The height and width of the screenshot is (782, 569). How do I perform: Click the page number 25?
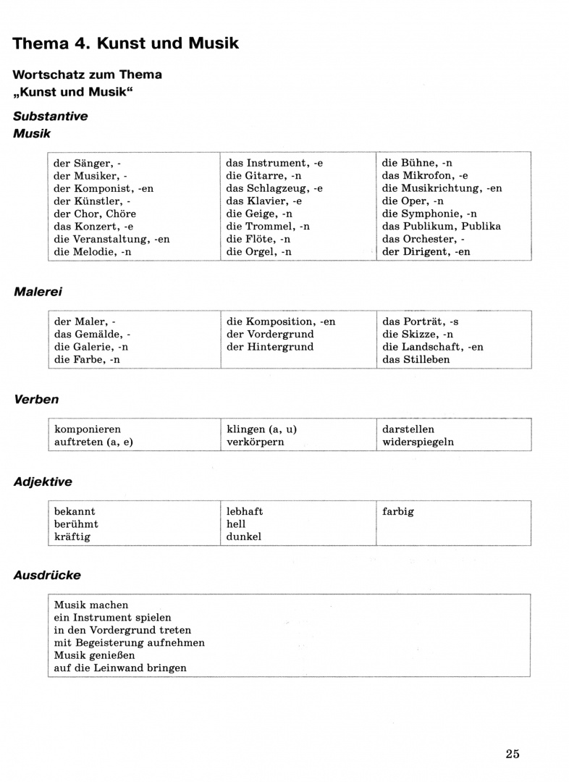pos(513,754)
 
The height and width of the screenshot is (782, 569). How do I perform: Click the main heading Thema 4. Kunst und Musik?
pos(126,43)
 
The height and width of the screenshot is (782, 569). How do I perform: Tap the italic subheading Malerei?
pos(38,292)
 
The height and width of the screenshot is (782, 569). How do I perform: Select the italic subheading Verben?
pos(36,400)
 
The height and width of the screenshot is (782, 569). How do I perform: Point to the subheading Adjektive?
pos(43,482)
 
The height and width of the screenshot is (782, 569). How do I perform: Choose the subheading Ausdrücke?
pos(47,575)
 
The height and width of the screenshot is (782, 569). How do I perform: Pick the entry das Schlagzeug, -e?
pos(274,188)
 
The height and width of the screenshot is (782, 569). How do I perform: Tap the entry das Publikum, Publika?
pos(441,226)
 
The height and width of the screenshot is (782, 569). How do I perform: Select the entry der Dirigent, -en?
pos(426,251)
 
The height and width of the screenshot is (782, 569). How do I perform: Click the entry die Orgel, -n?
pos(258,251)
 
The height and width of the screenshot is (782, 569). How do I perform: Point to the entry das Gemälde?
pos(92,334)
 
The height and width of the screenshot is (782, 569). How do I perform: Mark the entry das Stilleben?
pos(416,359)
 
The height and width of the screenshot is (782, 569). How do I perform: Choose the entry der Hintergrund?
pos(270,347)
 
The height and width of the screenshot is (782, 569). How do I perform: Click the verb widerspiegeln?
pos(418,442)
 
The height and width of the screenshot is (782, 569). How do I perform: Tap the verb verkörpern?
pos(255,442)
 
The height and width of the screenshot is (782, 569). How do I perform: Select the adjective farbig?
pos(397,511)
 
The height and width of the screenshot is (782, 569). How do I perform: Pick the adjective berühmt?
pos(76,524)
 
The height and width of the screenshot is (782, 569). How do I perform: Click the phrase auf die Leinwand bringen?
pos(120,668)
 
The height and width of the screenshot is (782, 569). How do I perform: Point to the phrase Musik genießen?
pos(94,655)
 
